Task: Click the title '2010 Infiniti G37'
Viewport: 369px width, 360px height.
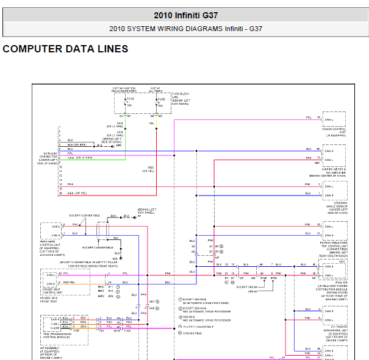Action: pos(185,15)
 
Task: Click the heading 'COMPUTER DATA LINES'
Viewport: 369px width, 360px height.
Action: pos(65,49)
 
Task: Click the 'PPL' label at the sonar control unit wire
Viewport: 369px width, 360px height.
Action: pos(309,117)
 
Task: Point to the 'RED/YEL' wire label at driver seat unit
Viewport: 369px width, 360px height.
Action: pos(68,283)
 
